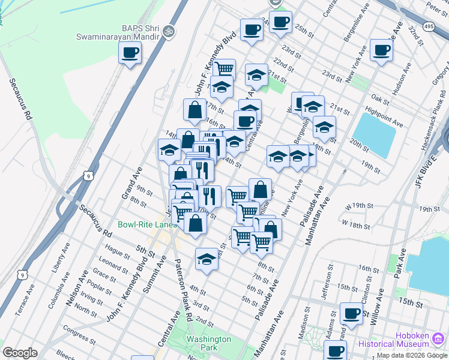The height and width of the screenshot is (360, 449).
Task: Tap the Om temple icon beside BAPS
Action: click(169, 29)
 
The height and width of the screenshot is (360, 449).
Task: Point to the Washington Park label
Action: click(208, 343)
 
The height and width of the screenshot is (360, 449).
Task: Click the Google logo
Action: click(20, 353)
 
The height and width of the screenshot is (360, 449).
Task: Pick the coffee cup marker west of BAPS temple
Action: click(130, 54)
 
